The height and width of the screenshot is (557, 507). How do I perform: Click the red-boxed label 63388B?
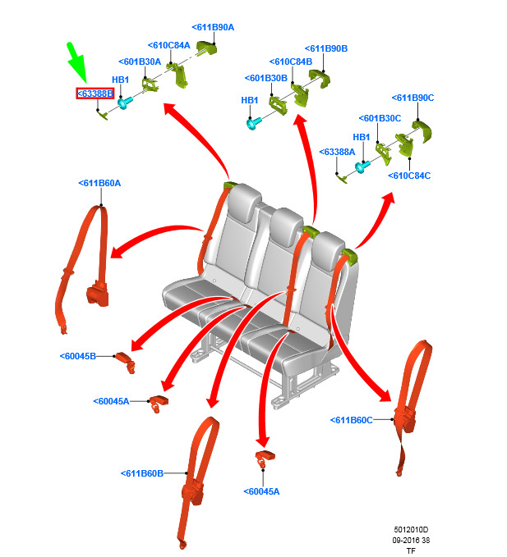[x=95, y=94]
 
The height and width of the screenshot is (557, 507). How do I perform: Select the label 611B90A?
[x=213, y=27]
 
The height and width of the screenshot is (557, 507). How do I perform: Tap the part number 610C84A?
[x=169, y=45]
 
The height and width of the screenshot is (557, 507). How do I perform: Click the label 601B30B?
[x=266, y=78]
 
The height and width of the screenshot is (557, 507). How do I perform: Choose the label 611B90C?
[x=413, y=98]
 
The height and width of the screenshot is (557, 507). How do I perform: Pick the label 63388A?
[x=337, y=152]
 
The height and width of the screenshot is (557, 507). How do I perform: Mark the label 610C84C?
[x=409, y=176]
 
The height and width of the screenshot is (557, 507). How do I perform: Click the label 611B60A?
[x=99, y=183]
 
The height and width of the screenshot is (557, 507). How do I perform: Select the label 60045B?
[x=78, y=356]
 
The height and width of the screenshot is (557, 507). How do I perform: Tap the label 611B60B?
[x=142, y=473]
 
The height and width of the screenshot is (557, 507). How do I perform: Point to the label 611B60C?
[x=352, y=420]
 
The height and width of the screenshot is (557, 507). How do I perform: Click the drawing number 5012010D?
[x=411, y=530]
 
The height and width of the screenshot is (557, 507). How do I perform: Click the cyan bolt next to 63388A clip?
[x=362, y=167]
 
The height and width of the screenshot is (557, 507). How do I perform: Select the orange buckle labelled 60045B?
[x=125, y=362]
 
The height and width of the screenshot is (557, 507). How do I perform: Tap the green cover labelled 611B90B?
[x=320, y=78]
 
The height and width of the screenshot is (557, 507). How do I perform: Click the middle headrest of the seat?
[x=287, y=226]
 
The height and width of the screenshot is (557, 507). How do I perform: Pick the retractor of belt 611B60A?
[x=98, y=293]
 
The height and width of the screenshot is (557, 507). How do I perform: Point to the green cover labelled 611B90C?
[x=422, y=131]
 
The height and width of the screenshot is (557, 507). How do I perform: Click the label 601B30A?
[x=140, y=62]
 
